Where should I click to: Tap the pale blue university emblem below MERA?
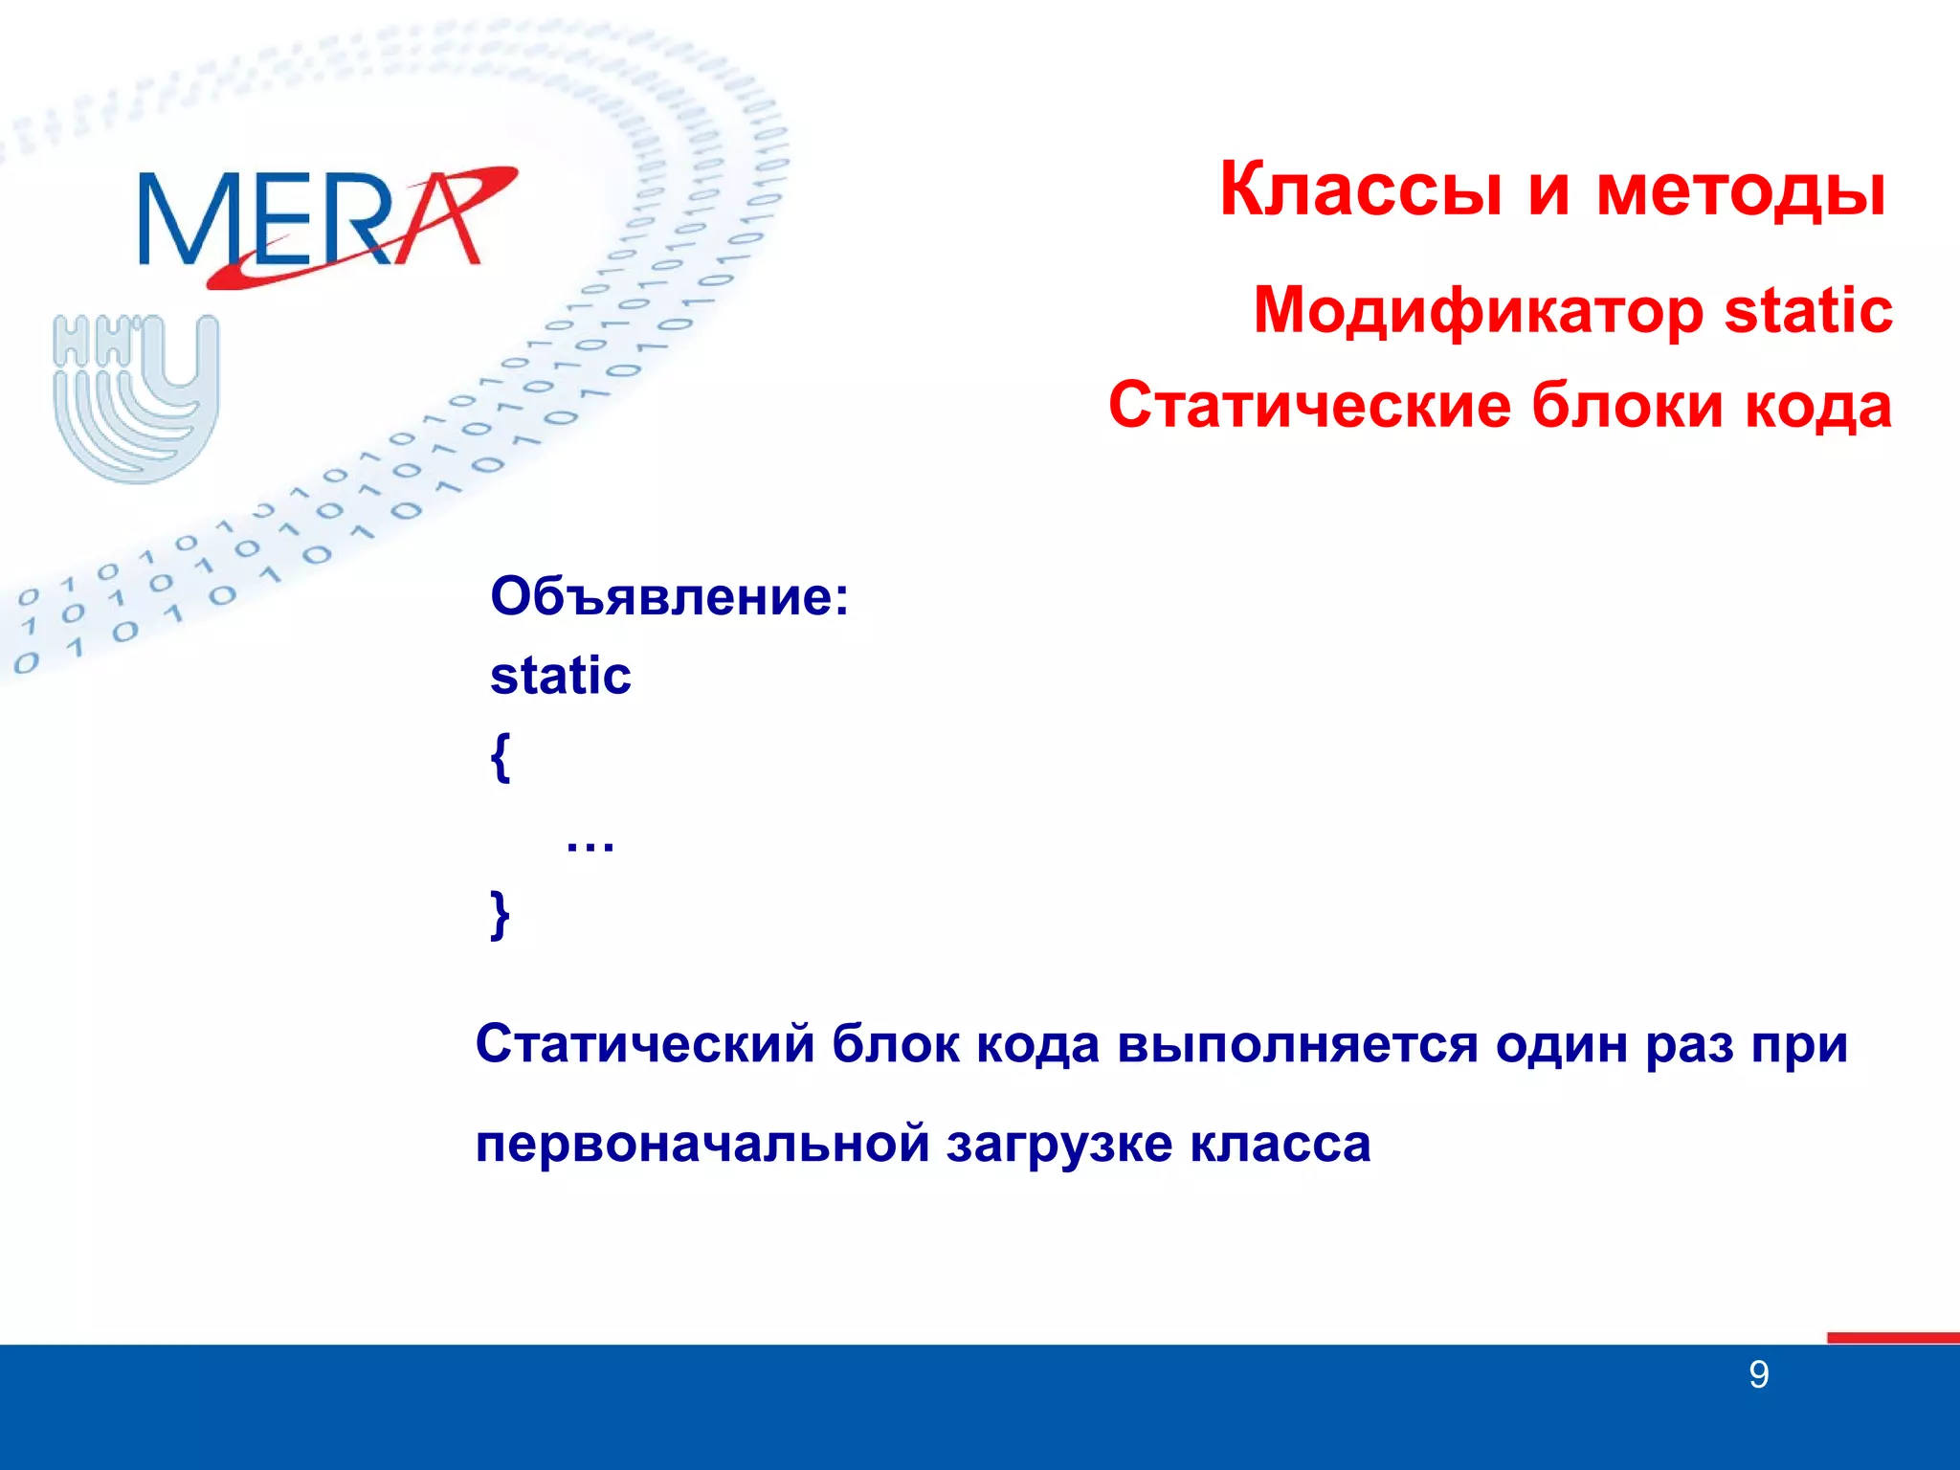click(x=136, y=397)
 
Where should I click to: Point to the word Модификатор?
click(x=1479, y=312)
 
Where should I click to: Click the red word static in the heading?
click(x=1808, y=310)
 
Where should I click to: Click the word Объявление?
click(x=669, y=597)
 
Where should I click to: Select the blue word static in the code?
click(x=561, y=676)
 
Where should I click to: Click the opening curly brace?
click(x=501, y=757)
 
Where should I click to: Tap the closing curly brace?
click(x=500, y=915)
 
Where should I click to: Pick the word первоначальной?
click(x=702, y=1145)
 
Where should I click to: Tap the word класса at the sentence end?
click(x=1281, y=1145)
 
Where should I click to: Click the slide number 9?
click(x=1758, y=1375)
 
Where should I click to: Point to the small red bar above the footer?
click(x=1892, y=1337)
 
